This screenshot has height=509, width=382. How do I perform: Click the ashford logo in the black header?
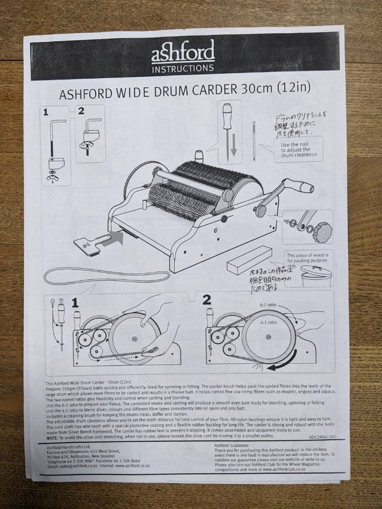(183, 51)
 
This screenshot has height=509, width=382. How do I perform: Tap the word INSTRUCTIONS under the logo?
(183, 68)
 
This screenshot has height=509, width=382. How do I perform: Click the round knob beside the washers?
(322, 231)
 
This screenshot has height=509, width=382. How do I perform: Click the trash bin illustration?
(316, 278)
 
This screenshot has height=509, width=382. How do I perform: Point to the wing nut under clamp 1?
(55, 178)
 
